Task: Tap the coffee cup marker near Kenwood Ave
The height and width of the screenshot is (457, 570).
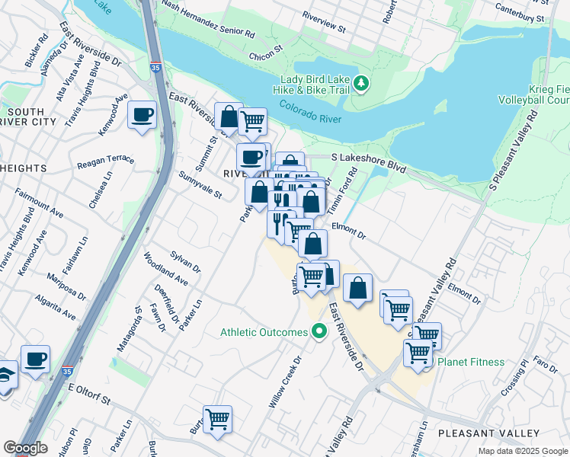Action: [142, 116]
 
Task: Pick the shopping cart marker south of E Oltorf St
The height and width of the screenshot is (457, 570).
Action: [217, 419]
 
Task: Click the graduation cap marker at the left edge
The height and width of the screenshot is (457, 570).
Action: [4, 376]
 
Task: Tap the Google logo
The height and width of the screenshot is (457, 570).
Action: [26, 447]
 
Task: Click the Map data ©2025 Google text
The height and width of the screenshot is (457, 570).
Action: [522, 451]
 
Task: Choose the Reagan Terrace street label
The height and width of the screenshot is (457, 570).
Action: [106, 163]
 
